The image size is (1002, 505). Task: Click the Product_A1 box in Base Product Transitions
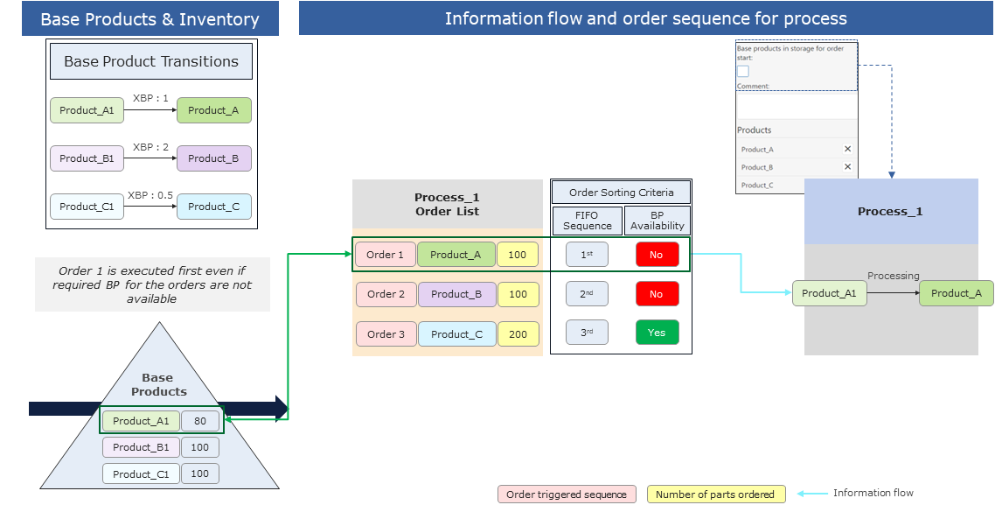87,110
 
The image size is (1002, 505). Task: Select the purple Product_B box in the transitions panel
213,158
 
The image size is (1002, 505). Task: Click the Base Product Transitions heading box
151,62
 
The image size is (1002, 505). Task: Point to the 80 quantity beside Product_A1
200,421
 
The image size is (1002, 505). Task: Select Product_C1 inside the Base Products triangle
141,473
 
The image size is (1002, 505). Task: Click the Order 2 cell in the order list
386,294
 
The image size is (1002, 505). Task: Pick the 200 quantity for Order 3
518,333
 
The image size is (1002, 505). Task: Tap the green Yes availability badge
657,333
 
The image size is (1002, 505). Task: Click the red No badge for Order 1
657,255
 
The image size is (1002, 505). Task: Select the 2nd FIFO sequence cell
587,294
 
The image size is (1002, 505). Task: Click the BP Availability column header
658,220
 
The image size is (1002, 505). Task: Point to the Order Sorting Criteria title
621,193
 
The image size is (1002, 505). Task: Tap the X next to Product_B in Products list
847,167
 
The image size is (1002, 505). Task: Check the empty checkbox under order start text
742,72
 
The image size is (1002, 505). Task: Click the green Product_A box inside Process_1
956,293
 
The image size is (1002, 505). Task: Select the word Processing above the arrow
893,276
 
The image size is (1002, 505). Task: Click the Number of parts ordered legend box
715,494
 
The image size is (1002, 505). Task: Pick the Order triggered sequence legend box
567,494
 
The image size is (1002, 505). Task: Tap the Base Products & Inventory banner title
150,19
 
